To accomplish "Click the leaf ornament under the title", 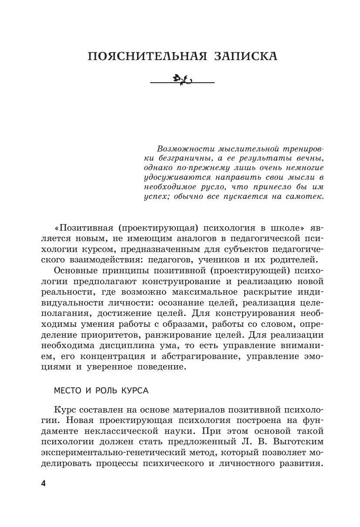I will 182,79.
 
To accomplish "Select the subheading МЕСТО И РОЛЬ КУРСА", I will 101,390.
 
